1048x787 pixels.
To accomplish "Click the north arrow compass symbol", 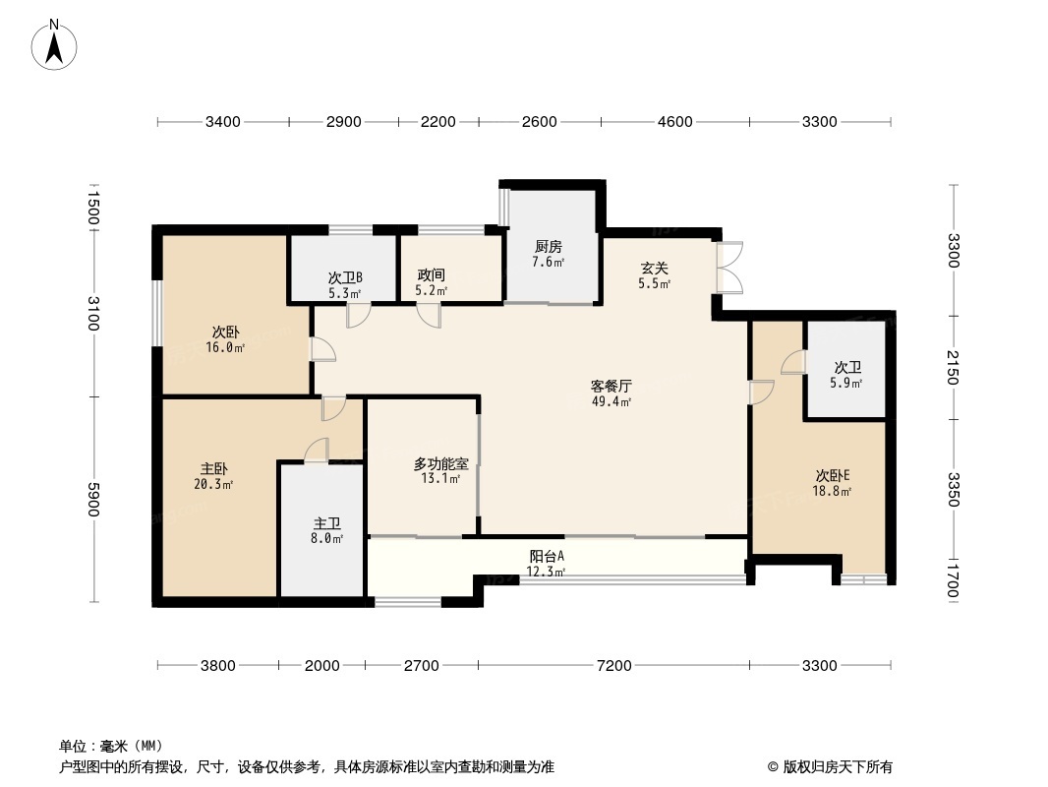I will [x=56, y=44].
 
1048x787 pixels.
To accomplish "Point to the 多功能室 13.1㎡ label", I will [x=440, y=470].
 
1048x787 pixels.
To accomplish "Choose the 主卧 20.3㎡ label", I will [x=214, y=476].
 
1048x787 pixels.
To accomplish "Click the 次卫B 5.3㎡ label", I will [x=345, y=284].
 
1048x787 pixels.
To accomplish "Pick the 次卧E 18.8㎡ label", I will [x=832, y=482].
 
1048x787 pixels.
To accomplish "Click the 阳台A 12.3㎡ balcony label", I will [x=546, y=563].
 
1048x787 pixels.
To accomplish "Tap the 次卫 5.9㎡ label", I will [x=846, y=375].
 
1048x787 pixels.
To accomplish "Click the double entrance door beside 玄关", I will [x=730, y=268].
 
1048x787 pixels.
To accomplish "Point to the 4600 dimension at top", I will [x=674, y=122].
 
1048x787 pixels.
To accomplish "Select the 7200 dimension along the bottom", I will [x=613, y=666].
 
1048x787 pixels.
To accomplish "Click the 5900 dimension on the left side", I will [x=94, y=498].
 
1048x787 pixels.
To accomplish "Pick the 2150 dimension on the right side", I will [x=953, y=366].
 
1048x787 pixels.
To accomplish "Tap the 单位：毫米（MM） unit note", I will [x=111, y=746].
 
